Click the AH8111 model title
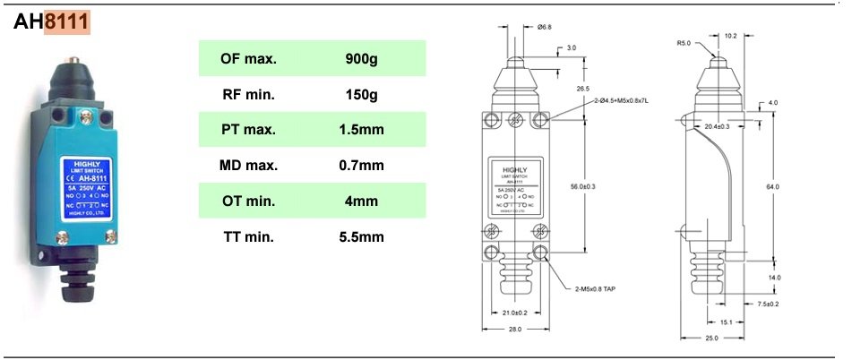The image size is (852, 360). tap(52, 22)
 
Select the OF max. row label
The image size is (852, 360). tap(248, 58)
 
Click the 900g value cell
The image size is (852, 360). tap(361, 58)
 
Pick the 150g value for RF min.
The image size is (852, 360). tap(361, 94)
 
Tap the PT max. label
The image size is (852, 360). tap(248, 130)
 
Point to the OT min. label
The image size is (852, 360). tap(248, 201)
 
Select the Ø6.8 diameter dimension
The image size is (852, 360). tap(544, 28)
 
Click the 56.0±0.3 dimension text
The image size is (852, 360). tap(583, 186)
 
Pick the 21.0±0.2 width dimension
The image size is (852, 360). tap(514, 313)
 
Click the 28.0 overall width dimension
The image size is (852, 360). tap(514, 330)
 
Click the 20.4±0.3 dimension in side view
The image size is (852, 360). tap(717, 126)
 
